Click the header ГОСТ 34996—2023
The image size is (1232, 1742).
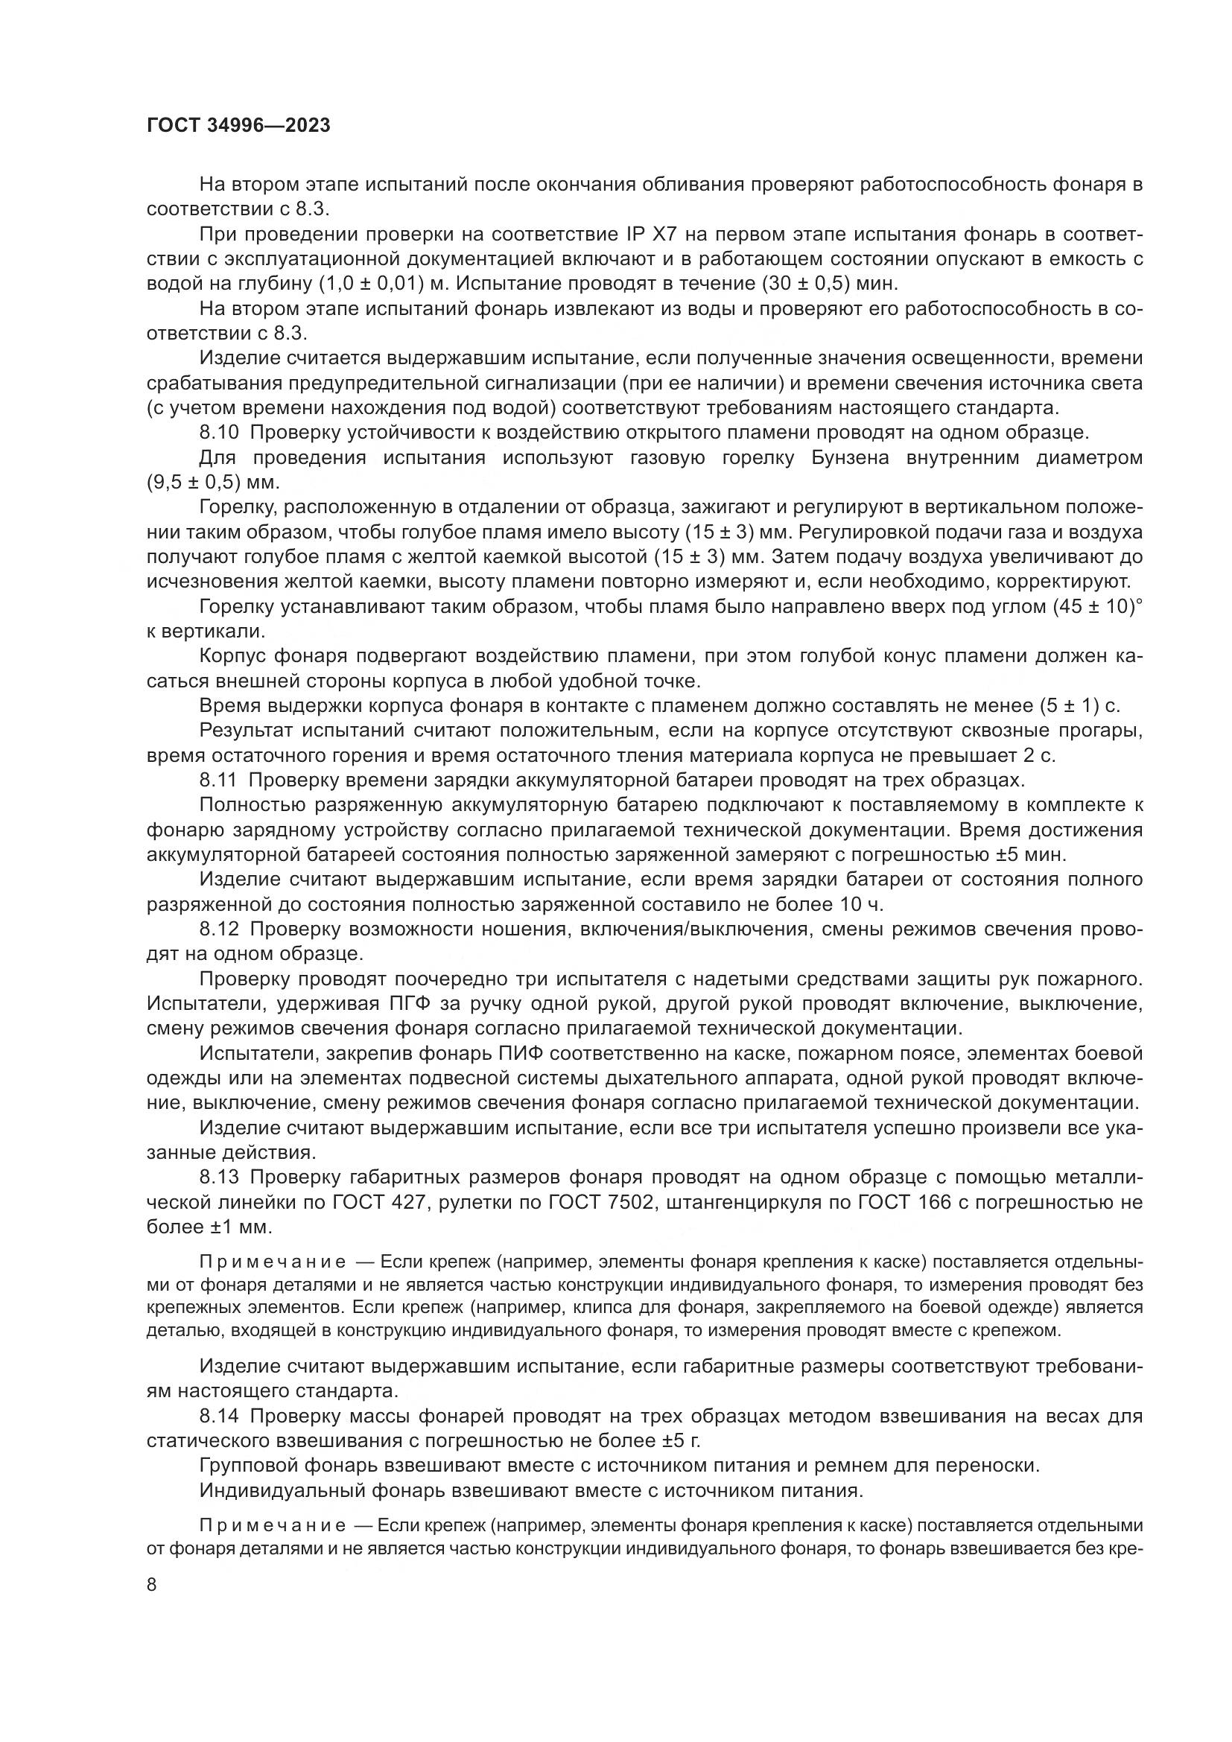point(238,126)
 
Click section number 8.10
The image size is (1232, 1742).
point(219,433)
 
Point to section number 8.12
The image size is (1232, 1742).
point(219,929)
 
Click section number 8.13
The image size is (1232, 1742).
point(219,1177)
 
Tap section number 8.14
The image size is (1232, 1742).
point(219,1417)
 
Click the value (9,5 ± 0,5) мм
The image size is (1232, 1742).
point(212,483)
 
